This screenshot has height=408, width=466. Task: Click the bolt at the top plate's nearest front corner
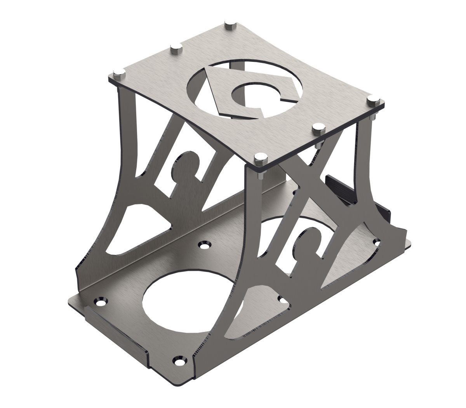coord(260,157)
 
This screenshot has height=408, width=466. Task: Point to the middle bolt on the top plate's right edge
coord(318,127)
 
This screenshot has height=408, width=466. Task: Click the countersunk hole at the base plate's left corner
coord(101,301)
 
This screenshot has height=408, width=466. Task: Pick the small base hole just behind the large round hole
coord(203,244)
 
